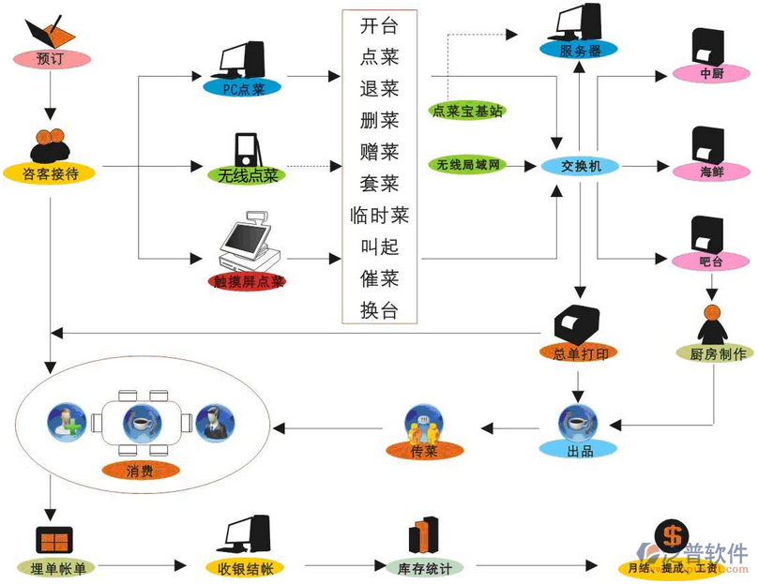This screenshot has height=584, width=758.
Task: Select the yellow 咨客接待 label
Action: tap(50, 172)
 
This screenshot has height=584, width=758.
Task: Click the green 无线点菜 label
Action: tap(247, 174)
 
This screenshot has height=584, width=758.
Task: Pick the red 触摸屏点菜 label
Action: tap(249, 280)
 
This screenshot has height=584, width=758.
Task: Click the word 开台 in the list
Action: tap(379, 25)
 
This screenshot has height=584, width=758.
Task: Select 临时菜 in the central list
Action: tap(379, 216)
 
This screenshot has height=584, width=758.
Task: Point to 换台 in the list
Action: tap(379, 310)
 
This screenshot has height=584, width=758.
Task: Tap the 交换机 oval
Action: tap(580, 167)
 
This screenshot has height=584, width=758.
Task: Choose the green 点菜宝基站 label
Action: tap(468, 111)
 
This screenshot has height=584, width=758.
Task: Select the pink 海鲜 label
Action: tap(711, 172)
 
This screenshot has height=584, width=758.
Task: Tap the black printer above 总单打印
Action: tap(578, 323)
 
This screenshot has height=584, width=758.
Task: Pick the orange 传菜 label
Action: tap(424, 452)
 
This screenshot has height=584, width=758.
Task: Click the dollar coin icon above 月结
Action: tap(672, 536)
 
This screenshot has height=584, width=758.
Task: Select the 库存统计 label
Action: tap(426, 568)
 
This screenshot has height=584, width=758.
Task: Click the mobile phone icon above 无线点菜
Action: tap(246, 150)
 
